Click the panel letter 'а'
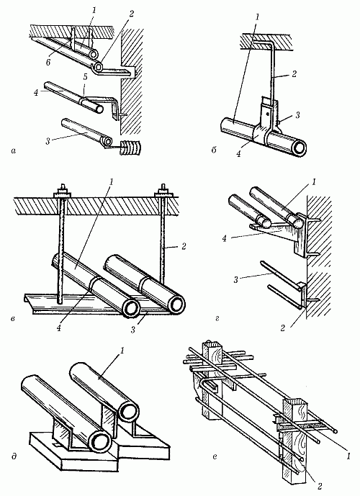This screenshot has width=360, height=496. pyautogui.click(x=13, y=151)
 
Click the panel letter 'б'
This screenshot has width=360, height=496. pyautogui.click(x=214, y=150)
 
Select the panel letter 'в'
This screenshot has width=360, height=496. pyautogui.click(x=13, y=317)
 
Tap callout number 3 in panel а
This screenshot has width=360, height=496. pyautogui.click(x=48, y=141)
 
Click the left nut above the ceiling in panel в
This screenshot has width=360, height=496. pyautogui.click(x=63, y=191)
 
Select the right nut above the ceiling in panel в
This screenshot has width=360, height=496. pyautogui.click(x=164, y=191)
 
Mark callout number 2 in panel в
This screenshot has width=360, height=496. pyautogui.click(x=184, y=246)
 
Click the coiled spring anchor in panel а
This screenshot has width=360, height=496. pyautogui.click(x=130, y=148)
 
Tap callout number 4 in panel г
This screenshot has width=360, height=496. pyautogui.click(x=225, y=238)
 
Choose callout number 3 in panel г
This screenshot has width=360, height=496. pyautogui.click(x=236, y=279)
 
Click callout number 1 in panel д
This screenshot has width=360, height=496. pyautogui.click(x=122, y=351)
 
